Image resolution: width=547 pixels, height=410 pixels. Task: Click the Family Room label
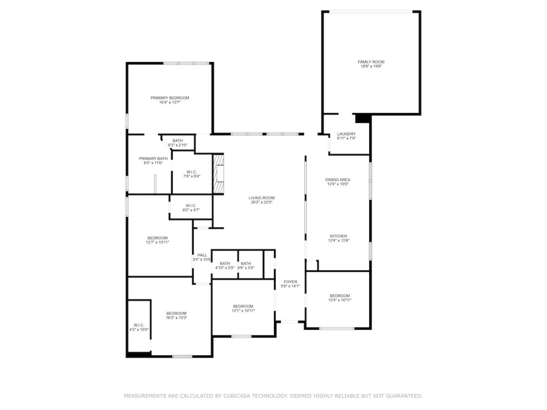point(371,62)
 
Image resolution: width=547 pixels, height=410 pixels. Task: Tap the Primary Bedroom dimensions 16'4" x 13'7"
point(170,102)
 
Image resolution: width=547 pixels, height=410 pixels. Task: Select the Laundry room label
point(346,134)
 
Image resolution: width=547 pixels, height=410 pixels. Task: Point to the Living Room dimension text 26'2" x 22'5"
point(262,202)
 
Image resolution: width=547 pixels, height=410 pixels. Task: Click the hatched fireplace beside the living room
point(218,174)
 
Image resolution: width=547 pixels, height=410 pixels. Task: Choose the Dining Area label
point(338,180)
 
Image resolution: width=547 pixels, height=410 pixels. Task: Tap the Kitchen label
point(338,236)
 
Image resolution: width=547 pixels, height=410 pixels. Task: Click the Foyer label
point(290,282)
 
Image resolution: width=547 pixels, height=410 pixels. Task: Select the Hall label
point(202,255)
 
